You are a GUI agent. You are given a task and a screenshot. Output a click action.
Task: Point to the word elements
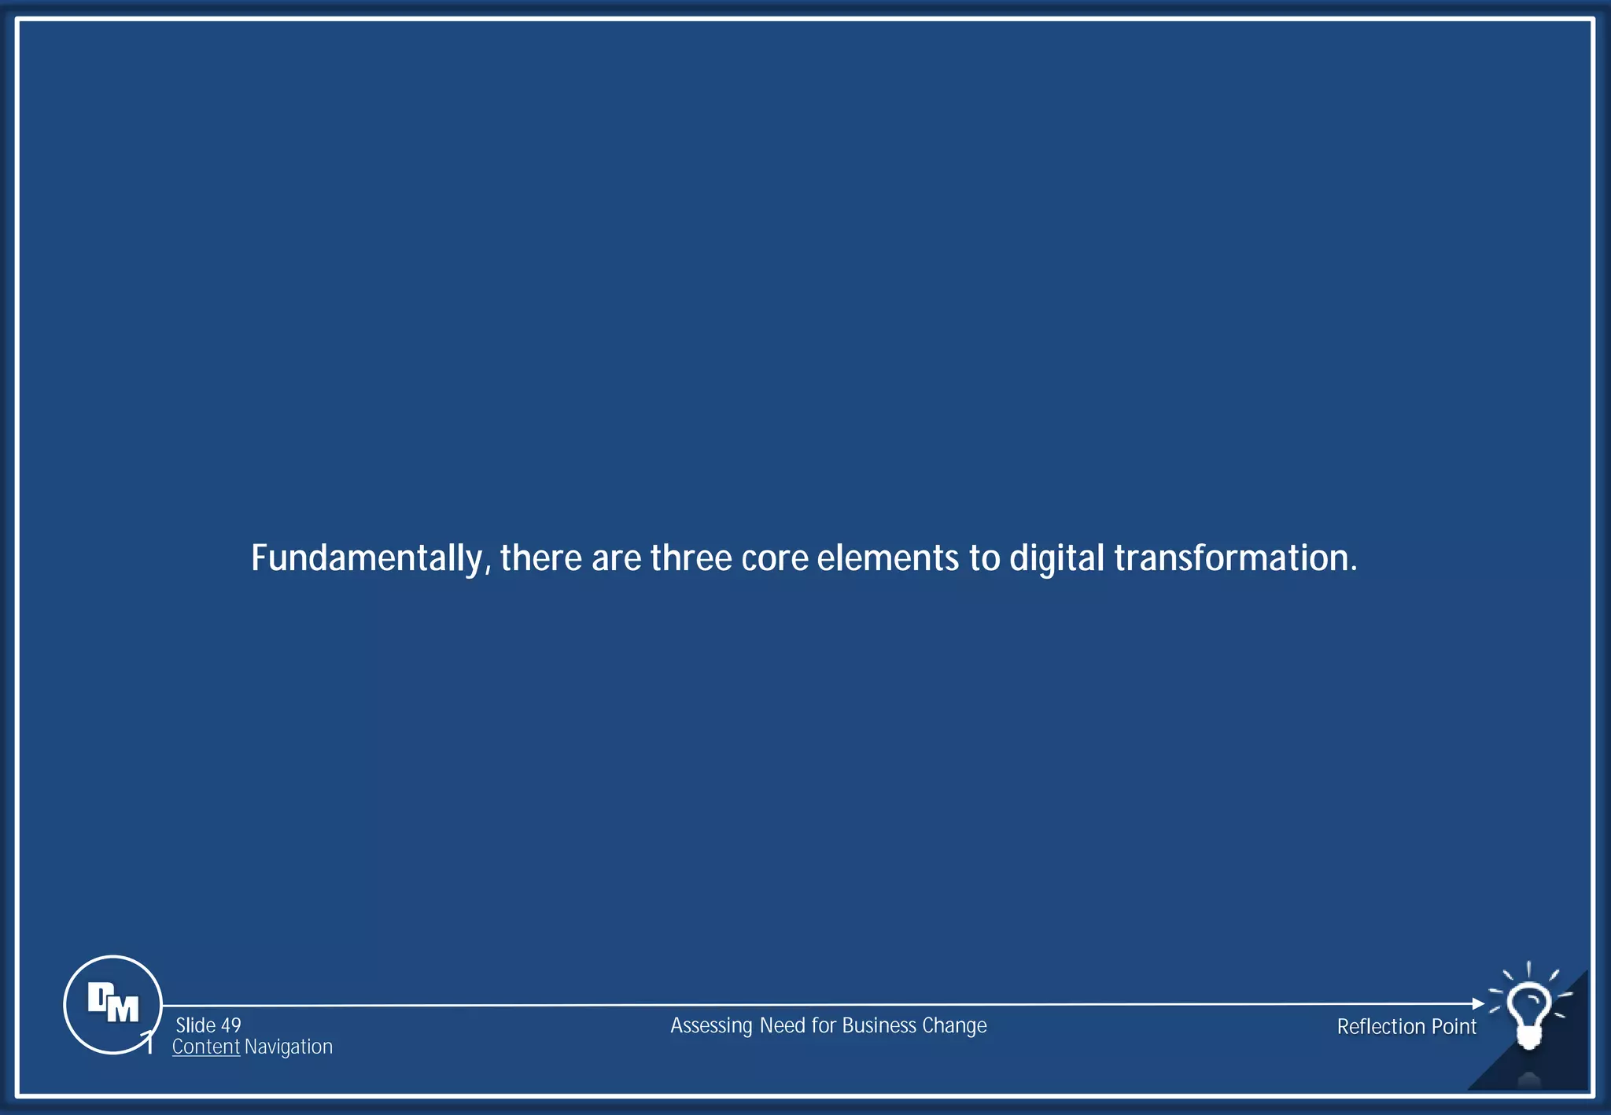(888, 558)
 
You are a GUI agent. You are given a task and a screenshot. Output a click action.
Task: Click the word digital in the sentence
(1056, 559)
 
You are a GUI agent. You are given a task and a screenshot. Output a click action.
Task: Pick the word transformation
(1235, 558)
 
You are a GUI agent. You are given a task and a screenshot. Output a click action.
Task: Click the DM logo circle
(112, 1004)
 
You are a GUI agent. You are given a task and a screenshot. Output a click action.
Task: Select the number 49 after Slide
(230, 1025)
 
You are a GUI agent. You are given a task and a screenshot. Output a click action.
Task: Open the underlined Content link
(205, 1047)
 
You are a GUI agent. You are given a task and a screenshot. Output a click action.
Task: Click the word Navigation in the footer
(289, 1047)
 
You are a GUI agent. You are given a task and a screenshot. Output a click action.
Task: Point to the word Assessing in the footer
(711, 1026)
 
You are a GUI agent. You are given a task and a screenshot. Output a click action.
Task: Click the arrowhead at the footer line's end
(1478, 1003)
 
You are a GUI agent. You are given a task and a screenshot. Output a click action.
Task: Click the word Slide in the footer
(196, 1025)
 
